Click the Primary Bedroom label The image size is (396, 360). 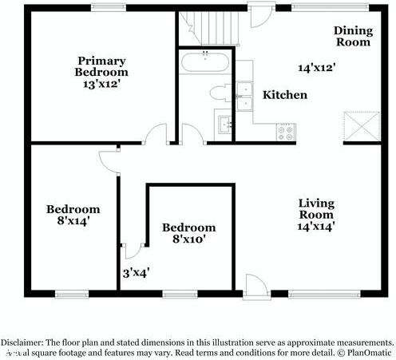coord(101,65)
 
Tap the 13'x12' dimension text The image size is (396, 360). coord(102,83)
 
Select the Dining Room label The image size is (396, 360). coord(352,36)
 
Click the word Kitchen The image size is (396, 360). coord(285,95)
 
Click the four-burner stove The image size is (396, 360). coord(285,131)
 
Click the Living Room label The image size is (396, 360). coord(316,208)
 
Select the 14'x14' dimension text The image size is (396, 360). coord(316,226)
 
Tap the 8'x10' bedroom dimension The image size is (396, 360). coord(188,238)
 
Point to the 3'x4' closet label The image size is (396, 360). coord(137,272)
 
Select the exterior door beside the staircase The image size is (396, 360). coord(259,14)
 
